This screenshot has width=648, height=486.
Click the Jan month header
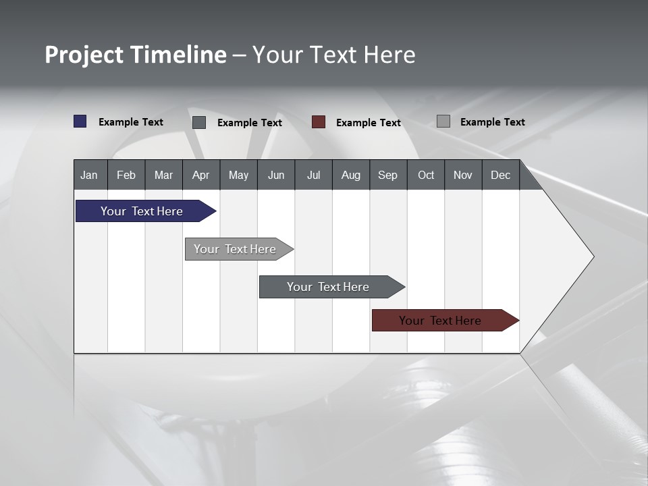90,175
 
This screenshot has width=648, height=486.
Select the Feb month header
126,175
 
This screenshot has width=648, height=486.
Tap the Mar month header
163,175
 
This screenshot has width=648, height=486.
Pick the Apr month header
201,175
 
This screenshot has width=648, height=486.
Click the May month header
238,175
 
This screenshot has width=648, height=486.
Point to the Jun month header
276,175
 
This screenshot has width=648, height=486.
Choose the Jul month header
313,175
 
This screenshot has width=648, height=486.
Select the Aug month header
351,175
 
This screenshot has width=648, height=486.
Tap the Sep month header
388,175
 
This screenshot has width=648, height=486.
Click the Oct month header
426,175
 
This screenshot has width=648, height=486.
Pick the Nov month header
463,175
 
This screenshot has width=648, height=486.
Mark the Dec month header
501,175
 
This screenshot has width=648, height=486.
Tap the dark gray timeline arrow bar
329,287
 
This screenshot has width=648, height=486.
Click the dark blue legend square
80,122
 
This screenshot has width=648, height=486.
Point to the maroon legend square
319,122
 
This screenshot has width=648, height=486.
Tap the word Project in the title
84,55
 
